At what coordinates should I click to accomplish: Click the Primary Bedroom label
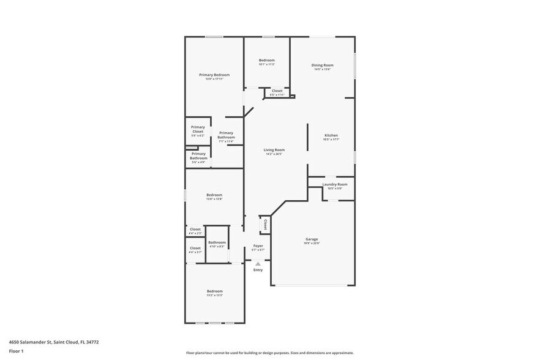coord(214,75)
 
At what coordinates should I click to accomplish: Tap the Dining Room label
coord(322,65)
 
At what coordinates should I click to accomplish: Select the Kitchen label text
coord(331,135)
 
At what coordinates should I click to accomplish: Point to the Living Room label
coord(274,150)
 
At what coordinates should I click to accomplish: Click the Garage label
coord(312,239)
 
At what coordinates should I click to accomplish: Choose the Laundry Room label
coord(334,184)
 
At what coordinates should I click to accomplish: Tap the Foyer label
coord(258,246)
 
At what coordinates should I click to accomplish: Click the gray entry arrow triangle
coord(258,264)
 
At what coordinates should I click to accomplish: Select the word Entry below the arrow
coord(258,270)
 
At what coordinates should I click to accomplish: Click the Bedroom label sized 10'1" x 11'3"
coord(266,60)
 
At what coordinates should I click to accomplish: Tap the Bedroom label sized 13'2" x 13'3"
coord(214,291)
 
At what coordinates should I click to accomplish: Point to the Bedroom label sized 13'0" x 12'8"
coord(214,195)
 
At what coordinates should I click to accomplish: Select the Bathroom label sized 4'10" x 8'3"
coord(217,242)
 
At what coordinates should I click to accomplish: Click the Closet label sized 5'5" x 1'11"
coord(277,91)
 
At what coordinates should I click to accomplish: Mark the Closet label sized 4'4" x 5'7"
coord(195,248)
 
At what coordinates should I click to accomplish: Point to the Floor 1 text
coord(16,351)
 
